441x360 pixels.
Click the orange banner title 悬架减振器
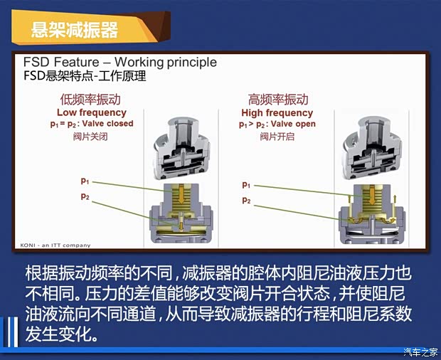[74, 30]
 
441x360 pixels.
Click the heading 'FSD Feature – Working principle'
[120, 62]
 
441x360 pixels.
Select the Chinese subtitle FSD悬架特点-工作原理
[85, 75]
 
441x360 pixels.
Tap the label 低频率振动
[90, 100]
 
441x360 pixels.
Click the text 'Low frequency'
[91, 112]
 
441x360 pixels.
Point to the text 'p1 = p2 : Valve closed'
[91, 124]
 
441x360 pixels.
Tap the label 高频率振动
[278, 100]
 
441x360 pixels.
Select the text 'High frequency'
[277, 112]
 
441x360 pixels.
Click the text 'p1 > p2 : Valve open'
[277, 124]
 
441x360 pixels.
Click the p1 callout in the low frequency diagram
[85, 181]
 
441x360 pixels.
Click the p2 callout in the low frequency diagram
[85, 196]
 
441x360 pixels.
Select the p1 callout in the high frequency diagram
[247, 185]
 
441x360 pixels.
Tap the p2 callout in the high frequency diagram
[247, 201]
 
